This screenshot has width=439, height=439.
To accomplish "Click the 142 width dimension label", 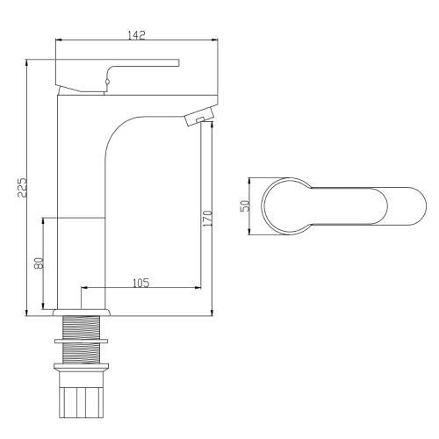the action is click(136, 35).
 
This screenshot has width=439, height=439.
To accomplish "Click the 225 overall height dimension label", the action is click(22, 187).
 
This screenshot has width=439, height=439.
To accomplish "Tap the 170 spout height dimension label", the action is click(207, 218).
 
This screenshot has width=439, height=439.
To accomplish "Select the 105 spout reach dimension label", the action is click(141, 283).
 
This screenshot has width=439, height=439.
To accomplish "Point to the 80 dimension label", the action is click(39, 263).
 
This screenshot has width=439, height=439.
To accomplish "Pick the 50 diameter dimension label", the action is click(245, 205).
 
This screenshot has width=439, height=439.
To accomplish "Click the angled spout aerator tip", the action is click(199, 117).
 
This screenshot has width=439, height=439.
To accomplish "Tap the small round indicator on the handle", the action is click(107, 82).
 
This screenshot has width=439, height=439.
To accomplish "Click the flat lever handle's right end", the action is click(178, 62).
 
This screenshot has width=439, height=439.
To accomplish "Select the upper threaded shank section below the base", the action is click(81, 327).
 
